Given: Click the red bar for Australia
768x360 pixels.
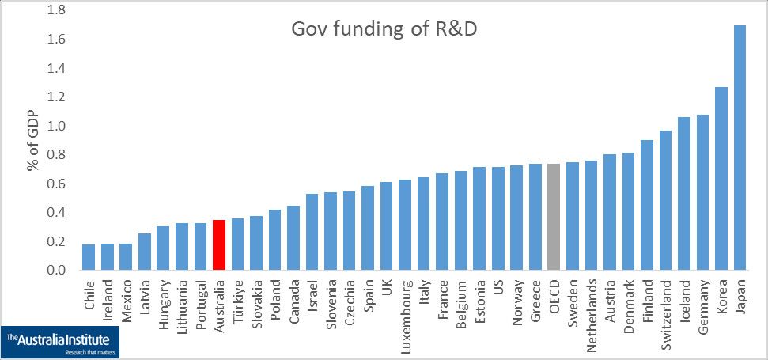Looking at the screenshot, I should tap(220, 245).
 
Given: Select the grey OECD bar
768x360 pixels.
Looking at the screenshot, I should tap(554, 217).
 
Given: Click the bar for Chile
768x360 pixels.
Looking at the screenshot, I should tap(89, 257).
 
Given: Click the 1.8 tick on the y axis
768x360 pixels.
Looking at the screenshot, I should tap(56, 10).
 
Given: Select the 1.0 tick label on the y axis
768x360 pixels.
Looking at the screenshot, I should tap(56, 127).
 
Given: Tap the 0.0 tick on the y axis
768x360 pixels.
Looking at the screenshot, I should tap(56, 271).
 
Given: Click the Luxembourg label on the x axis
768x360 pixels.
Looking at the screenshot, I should tap(406, 306).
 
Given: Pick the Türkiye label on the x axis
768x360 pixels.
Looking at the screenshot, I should tap(238, 296).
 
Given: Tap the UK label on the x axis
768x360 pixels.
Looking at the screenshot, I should tap(387, 286).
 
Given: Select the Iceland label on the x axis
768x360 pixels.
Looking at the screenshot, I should tap(685, 296).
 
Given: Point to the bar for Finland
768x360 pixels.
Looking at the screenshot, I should tap(647, 205).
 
